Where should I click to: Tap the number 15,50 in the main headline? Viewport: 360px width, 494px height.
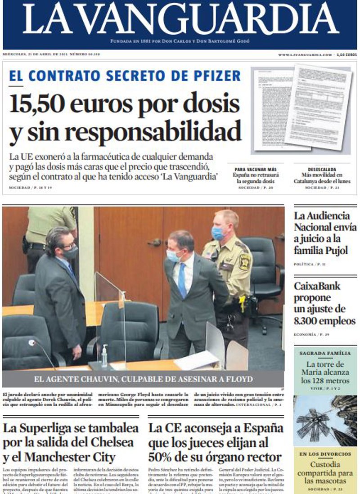coord(38,104)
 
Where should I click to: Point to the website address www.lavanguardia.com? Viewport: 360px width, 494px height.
coord(305,54)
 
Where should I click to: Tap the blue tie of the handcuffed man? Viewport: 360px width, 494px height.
coord(182,279)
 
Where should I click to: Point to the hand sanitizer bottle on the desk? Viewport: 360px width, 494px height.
coord(104,355)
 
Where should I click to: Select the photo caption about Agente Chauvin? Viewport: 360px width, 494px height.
coord(143,379)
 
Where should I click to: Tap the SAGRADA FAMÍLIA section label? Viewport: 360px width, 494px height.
coord(325,354)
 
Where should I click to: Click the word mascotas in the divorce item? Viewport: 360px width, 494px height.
coord(325,481)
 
